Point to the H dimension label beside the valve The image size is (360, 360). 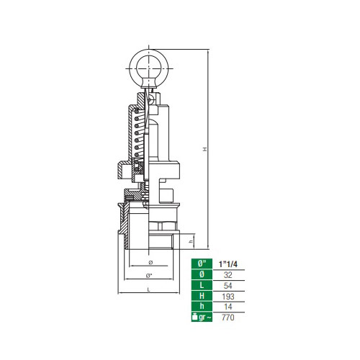[x=204, y=150]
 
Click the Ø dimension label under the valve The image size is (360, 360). [x=149, y=262]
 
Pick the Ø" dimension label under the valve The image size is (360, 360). [x=149, y=276]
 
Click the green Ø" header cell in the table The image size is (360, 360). [x=202, y=264]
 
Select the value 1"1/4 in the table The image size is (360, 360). [x=228, y=264]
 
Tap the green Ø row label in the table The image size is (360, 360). [x=202, y=274]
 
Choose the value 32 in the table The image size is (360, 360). [x=228, y=274]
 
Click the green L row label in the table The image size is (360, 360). [x=202, y=285]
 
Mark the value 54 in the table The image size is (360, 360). [x=228, y=285]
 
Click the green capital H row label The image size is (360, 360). [x=202, y=296]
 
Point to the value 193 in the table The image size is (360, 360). [x=228, y=296]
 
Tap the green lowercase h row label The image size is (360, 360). [x=202, y=307]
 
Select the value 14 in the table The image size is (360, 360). [x=228, y=307]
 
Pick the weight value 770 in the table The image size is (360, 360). [x=228, y=318]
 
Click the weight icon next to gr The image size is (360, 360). [x=195, y=318]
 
